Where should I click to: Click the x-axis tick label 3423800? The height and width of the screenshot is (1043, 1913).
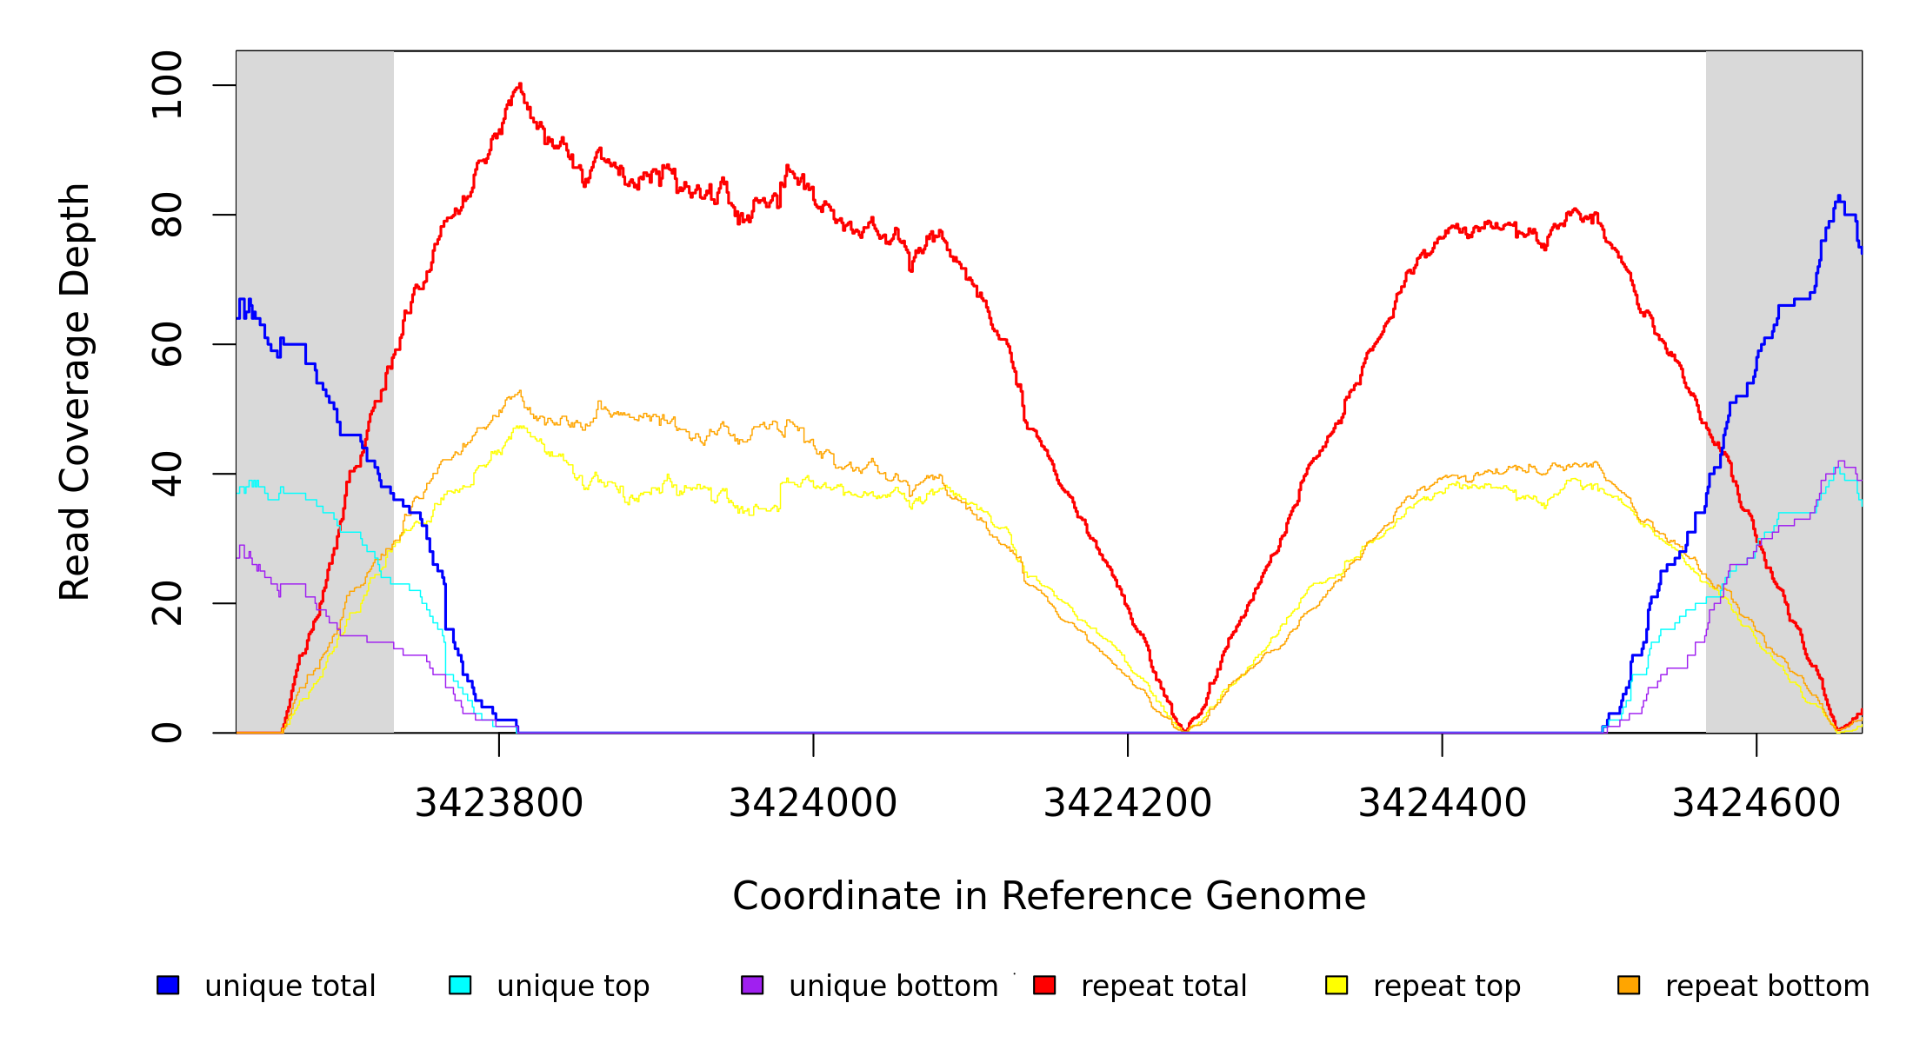(x=498, y=803)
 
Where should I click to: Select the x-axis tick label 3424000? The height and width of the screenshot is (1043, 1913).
(x=813, y=803)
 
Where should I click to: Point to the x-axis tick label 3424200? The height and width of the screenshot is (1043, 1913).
(x=1127, y=803)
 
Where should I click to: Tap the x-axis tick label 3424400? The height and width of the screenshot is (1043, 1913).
(x=1442, y=803)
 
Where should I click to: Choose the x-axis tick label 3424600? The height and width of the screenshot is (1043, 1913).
(x=1756, y=803)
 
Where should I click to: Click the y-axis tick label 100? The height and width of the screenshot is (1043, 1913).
(x=167, y=85)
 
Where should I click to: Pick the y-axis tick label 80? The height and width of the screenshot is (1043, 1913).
(x=167, y=215)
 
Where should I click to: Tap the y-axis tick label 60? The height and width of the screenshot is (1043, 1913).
(x=167, y=344)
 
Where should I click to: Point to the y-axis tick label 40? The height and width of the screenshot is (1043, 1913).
(x=167, y=474)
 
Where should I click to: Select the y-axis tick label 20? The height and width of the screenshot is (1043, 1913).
(x=167, y=603)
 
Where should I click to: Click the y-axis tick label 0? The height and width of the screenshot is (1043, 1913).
(x=167, y=733)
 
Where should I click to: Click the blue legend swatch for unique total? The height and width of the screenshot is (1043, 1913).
(x=168, y=985)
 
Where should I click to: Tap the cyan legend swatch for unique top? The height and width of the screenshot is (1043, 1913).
(x=460, y=985)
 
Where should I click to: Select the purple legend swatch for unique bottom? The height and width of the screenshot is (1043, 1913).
(x=752, y=985)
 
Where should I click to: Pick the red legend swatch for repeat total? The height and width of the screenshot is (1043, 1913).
(x=1044, y=985)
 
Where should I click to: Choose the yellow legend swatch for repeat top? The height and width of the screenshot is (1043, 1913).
(x=1336, y=985)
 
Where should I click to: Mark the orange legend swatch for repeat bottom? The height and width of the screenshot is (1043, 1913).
(x=1629, y=985)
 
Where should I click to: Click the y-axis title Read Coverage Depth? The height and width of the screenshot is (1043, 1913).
(x=75, y=391)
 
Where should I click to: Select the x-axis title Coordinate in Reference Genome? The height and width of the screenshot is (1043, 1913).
(x=1049, y=896)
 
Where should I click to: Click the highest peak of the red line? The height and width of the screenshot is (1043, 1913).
(x=520, y=84)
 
